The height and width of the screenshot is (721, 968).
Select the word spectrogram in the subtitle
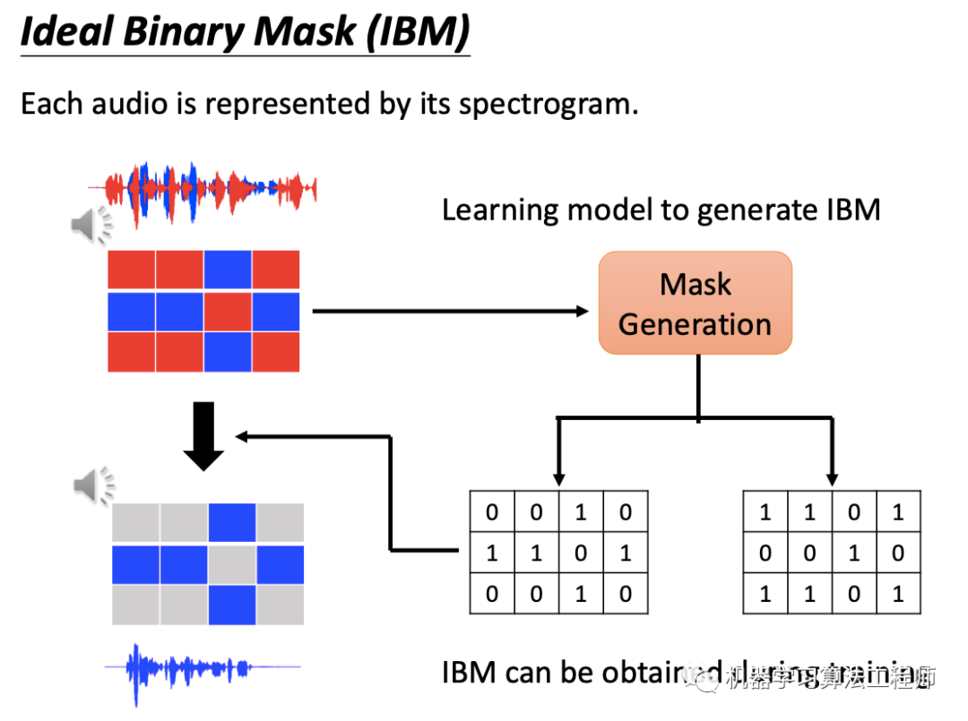[x=548, y=104]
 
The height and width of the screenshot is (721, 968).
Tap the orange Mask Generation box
[x=695, y=303]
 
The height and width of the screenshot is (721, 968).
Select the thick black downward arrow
[x=203, y=436]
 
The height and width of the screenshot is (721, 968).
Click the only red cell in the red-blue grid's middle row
[x=228, y=311]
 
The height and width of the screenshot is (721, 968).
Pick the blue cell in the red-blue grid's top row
[x=228, y=270]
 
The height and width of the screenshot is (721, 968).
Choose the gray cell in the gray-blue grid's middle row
[x=232, y=564]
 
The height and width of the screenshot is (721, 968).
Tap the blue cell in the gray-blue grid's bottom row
[x=232, y=605]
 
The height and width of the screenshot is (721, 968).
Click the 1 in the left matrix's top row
[x=581, y=512]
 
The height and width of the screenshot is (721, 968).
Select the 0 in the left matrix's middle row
[x=581, y=553]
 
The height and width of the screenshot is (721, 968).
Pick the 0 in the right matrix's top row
[x=854, y=512]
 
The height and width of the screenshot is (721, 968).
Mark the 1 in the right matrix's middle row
[x=854, y=553]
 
